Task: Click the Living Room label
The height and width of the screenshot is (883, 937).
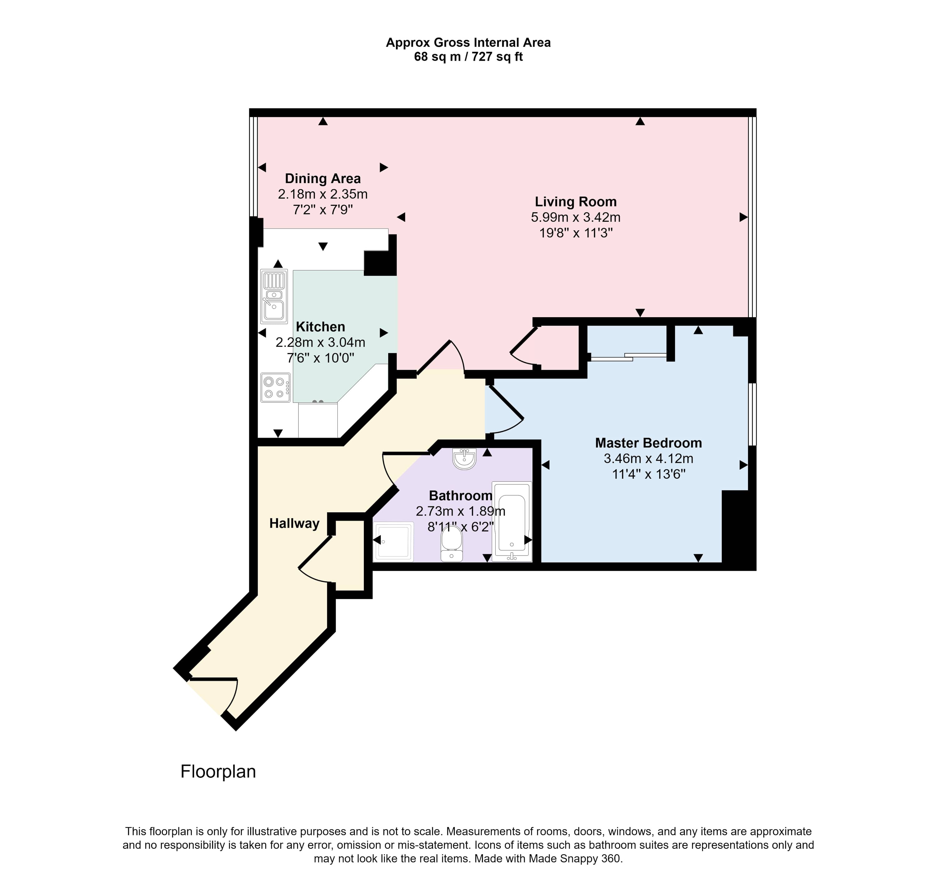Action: point(576,202)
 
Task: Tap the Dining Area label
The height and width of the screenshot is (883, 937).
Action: point(323,179)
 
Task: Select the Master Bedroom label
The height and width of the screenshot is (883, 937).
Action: point(648,443)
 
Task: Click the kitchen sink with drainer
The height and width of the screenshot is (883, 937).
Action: point(274,296)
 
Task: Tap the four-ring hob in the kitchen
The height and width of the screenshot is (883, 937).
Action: point(275,387)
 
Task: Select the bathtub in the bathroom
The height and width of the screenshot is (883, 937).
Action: point(512,522)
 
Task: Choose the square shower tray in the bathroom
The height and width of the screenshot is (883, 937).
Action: point(393,541)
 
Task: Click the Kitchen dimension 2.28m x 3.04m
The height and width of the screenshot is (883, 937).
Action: point(320,343)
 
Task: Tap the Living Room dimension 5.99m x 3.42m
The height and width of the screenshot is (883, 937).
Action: point(576,217)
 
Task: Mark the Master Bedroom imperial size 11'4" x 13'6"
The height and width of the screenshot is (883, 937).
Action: point(648,474)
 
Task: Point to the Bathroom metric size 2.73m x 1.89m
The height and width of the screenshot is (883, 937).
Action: point(460,511)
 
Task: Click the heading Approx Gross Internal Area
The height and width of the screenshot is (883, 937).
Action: point(468,43)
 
